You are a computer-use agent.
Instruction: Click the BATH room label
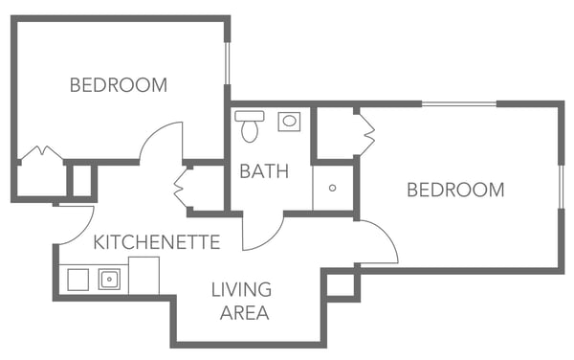pyautogui.click(x=264, y=171)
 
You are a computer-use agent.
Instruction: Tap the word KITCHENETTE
pyautogui.click(x=157, y=242)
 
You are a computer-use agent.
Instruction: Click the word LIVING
pyautogui.click(x=241, y=289)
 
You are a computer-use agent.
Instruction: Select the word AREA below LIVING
pyautogui.click(x=245, y=313)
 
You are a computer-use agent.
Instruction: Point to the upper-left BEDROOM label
pyautogui.click(x=119, y=85)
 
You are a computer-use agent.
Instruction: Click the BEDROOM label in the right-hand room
pyautogui.click(x=455, y=190)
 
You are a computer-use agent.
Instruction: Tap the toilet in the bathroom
pyautogui.click(x=250, y=125)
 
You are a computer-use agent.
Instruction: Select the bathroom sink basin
pyautogui.click(x=289, y=122)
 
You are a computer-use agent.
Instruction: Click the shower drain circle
pyautogui.click(x=332, y=188)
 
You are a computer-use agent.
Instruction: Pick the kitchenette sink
pyautogui.click(x=109, y=280)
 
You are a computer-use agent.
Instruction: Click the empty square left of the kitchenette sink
pyautogui.click(x=78, y=280)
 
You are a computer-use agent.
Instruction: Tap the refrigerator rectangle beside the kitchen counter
pyautogui.click(x=143, y=276)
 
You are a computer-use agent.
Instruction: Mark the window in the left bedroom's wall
pyautogui.click(x=228, y=63)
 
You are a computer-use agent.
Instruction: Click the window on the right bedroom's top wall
pyautogui.click(x=459, y=104)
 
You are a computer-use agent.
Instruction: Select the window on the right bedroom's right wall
pyautogui.click(x=561, y=187)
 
